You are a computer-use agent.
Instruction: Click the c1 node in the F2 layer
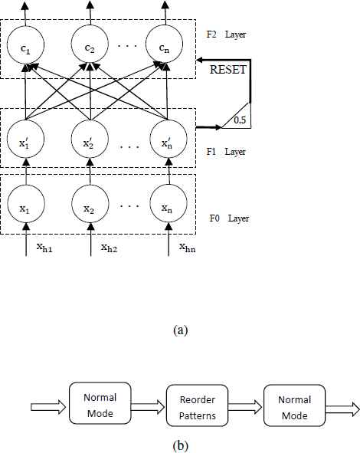(25, 44)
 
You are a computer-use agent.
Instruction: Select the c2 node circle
(90, 44)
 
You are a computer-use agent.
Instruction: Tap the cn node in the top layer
(164, 44)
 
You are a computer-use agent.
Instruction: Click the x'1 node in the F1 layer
(25, 139)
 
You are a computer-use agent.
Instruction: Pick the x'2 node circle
(90, 139)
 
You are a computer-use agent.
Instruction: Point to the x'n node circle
(169, 139)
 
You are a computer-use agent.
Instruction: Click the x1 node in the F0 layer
(26, 204)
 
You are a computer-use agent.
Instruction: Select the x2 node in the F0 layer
(90, 204)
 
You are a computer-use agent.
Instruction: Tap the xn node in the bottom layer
(169, 204)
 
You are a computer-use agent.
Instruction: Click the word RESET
(228, 70)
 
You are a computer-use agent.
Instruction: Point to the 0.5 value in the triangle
(240, 120)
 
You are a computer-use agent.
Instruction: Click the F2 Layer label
(226, 34)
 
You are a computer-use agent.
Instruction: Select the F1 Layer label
(226, 152)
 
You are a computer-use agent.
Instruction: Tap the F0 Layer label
(229, 218)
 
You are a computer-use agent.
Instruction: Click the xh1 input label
(44, 248)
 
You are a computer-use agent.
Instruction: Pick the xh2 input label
(109, 248)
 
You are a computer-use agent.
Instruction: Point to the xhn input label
(187, 248)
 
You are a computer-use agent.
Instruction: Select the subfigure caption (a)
(181, 330)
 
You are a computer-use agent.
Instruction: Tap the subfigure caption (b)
(181, 445)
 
